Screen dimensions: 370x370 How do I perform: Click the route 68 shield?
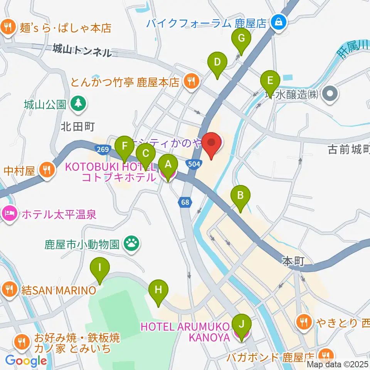(x=184, y=202)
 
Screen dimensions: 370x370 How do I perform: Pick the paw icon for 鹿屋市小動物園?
(x=131, y=244)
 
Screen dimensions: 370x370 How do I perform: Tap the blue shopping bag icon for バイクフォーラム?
(x=278, y=23)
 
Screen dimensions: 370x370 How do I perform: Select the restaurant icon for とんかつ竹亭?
(x=190, y=81)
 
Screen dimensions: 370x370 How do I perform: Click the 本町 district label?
(x=293, y=262)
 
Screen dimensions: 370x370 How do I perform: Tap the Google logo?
(x=26, y=360)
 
